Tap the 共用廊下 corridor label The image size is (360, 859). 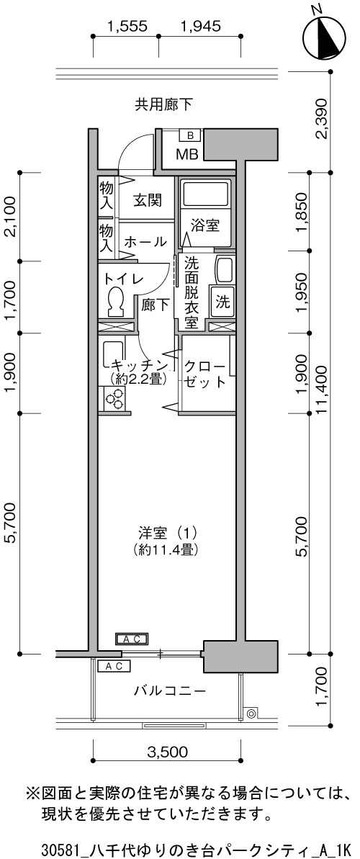164,104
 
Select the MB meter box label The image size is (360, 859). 187,154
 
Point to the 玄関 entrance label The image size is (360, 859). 148,200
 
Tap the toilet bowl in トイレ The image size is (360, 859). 116,301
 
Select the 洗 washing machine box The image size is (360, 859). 222,302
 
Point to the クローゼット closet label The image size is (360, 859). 205,374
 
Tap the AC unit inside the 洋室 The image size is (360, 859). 130,639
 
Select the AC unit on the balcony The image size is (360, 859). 114,666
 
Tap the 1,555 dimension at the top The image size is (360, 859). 127,26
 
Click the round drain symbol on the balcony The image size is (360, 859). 251,714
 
